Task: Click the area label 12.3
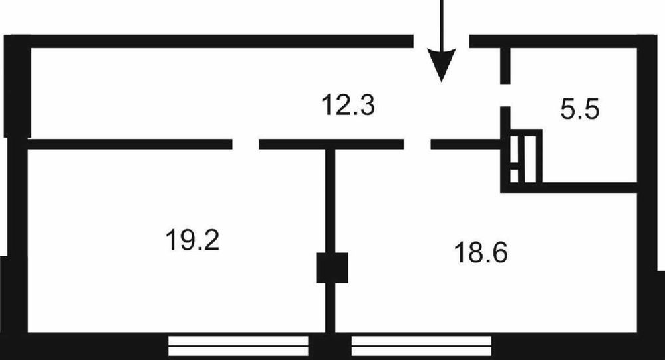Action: coord(348,105)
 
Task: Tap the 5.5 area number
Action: coord(579,110)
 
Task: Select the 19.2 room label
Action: coord(192,240)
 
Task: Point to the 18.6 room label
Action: coord(481,252)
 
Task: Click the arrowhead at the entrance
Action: coord(442,65)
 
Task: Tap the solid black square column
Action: coord(332,268)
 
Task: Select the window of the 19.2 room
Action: coord(238,346)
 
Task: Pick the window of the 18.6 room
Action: coord(422,346)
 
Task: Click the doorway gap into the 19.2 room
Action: coord(245,144)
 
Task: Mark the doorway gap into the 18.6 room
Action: coord(418,144)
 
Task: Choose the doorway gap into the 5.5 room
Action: coord(505,95)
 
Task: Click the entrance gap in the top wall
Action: coord(441,41)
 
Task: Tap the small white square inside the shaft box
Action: coord(514,176)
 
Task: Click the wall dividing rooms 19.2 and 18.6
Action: coord(331,241)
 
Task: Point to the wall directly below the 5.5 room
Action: coord(569,188)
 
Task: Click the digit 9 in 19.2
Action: coord(185,240)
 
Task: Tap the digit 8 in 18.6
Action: coord(473,252)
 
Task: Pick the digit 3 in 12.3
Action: coord(367,105)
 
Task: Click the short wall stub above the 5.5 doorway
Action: coord(505,66)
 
